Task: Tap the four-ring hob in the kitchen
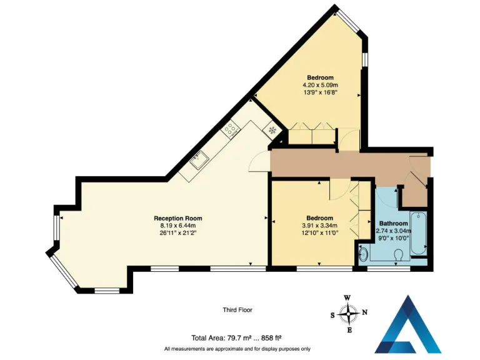231,129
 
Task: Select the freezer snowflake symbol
272,131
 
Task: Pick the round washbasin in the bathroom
364,254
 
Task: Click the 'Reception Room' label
178,218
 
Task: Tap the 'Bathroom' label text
394,223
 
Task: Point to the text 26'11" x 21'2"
178,234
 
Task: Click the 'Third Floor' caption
237,310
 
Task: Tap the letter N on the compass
365,312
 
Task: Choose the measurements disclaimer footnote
237,349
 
